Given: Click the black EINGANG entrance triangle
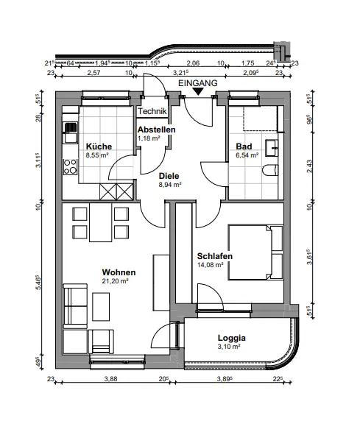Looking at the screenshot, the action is pyautogui.click(x=198, y=92).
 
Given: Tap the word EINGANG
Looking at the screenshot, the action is pyautogui.click(x=198, y=83).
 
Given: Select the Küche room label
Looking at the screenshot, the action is pyautogui.click(x=99, y=146).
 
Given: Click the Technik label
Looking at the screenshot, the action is pyautogui.click(x=152, y=111).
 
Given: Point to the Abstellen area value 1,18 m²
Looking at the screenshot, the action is pyautogui.click(x=149, y=138).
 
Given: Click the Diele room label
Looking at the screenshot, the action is pyautogui.click(x=169, y=176).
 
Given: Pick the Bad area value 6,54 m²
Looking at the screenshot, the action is pyautogui.click(x=247, y=155).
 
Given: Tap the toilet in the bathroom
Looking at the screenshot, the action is pyautogui.click(x=270, y=171).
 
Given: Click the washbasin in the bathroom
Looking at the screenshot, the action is pyautogui.click(x=272, y=147).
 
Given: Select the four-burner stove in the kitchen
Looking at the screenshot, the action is pyautogui.click(x=70, y=167).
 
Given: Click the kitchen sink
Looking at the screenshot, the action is pyautogui.click(x=70, y=132).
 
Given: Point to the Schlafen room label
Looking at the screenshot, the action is pyautogui.click(x=215, y=256).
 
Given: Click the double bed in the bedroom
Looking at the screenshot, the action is pyautogui.click(x=255, y=252).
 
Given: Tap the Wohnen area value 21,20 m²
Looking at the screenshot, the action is pyautogui.click(x=115, y=281).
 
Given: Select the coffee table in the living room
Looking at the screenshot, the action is pyautogui.click(x=101, y=307).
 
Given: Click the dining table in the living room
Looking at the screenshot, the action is pyautogui.click(x=100, y=222).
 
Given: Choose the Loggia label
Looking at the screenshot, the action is pyautogui.click(x=232, y=338).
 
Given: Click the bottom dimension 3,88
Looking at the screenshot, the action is pyautogui.click(x=110, y=379).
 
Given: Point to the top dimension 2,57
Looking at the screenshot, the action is pyautogui.click(x=93, y=72).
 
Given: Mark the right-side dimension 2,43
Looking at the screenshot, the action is pyautogui.click(x=310, y=166).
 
